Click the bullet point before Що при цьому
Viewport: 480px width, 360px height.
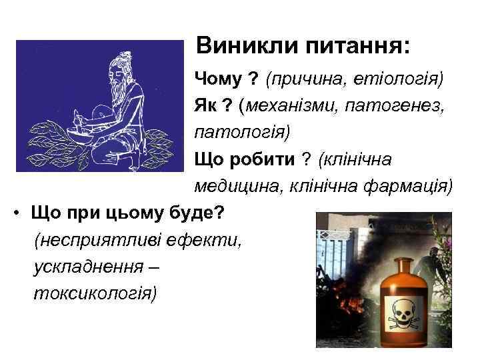click(15, 213)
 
